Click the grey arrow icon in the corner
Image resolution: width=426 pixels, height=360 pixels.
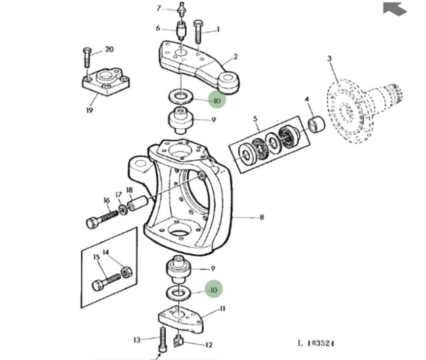[395, 9]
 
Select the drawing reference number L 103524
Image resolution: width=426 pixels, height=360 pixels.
[316, 343]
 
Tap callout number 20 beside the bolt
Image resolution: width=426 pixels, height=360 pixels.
[109, 49]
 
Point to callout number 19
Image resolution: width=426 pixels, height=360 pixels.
[89, 110]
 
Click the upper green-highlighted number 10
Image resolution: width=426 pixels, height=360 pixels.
[217, 101]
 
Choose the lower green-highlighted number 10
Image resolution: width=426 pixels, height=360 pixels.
[214, 290]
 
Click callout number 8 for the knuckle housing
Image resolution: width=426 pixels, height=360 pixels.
[261, 217]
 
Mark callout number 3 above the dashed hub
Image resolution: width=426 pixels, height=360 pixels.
[330, 59]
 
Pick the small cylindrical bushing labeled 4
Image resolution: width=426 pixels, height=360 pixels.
[316, 124]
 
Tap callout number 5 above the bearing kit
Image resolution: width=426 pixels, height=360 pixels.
[255, 119]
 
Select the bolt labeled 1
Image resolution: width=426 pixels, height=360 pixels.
[198, 31]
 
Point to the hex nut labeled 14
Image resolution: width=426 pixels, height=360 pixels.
[127, 272]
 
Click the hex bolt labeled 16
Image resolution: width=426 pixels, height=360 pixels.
[102, 219]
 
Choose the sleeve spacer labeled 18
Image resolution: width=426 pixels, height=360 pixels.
[138, 204]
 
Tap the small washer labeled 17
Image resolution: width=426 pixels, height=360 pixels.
[123, 210]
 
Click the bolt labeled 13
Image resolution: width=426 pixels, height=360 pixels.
[163, 340]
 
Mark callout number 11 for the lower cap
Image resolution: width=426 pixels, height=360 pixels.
[223, 309]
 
